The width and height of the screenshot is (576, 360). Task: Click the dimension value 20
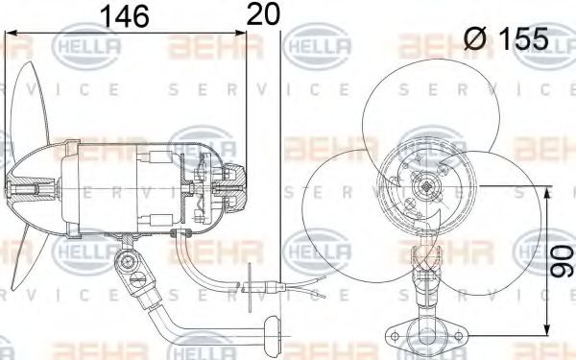point(265,15)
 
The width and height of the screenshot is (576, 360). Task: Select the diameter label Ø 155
point(506,39)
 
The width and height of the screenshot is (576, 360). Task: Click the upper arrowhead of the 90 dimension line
point(548,193)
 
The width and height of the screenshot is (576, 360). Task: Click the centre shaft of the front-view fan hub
point(422,184)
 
